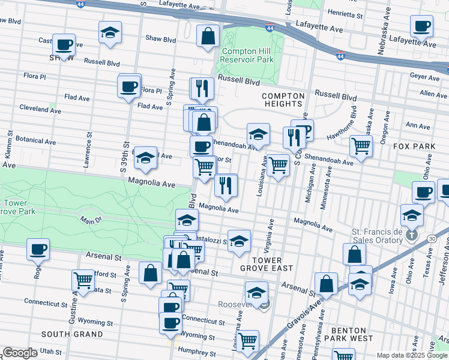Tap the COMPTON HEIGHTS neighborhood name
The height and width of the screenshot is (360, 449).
point(282,100)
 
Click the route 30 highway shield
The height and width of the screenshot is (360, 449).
point(432,239)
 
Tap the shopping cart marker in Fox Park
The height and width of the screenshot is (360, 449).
point(361,145)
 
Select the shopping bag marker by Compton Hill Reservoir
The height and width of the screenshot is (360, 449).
point(207,35)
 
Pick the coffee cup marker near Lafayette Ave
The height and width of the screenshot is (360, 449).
point(421,26)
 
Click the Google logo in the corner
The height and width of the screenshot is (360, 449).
point(20,353)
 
